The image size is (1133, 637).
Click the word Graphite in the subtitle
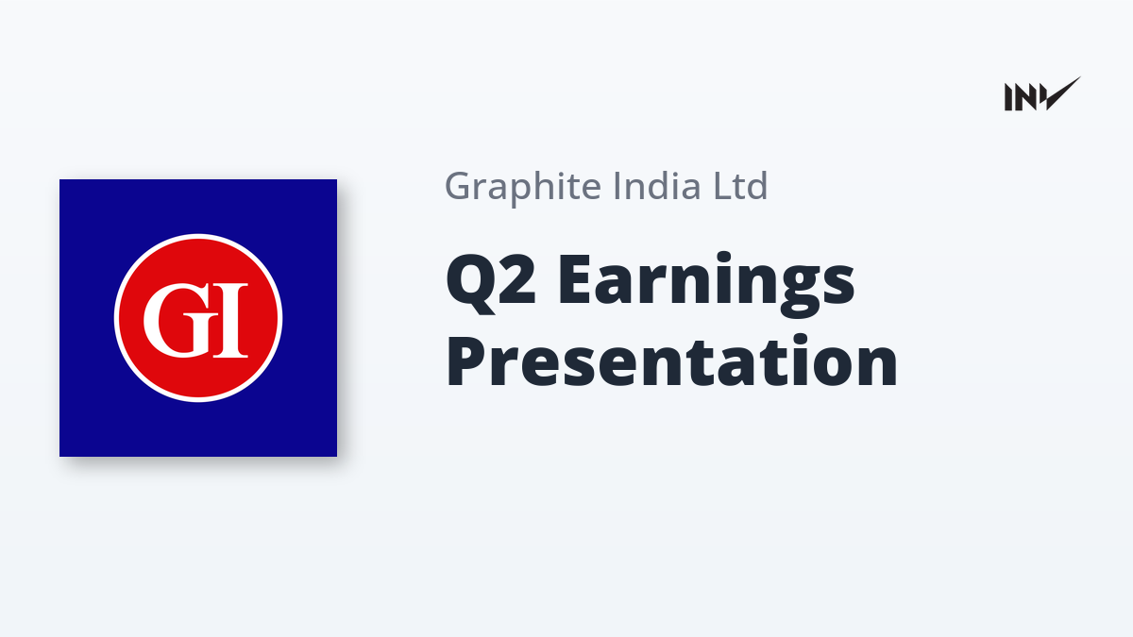tap(523, 188)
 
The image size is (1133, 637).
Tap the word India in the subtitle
tap(657, 186)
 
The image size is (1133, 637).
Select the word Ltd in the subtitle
tap(740, 186)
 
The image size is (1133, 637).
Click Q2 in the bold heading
tap(490, 283)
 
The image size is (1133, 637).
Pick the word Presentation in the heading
tap(671, 361)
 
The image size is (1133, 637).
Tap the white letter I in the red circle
tap(230, 321)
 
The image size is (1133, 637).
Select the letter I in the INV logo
tap(1008, 97)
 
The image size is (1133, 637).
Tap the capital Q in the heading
tap(469, 284)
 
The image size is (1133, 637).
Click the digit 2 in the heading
tap(517, 278)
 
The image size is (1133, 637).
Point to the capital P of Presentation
tap(467, 360)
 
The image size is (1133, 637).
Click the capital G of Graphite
tap(460, 186)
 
